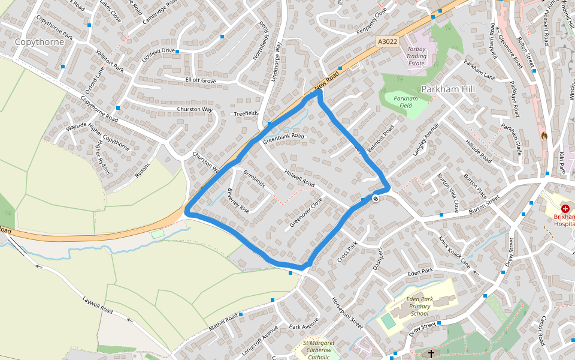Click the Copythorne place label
pyautogui.click(x=39, y=42)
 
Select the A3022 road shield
pyautogui.click(x=388, y=41)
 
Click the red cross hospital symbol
pyautogui.click(x=565, y=208)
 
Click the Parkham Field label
pyautogui.click(x=405, y=102)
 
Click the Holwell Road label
pyautogui.click(x=299, y=176)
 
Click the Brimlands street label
pyautogui.click(x=254, y=179)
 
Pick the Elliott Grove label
pyautogui.click(x=201, y=80)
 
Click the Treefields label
pyautogui.click(x=246, y=113)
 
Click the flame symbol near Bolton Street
pyautogui.click(x=544, y=136)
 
